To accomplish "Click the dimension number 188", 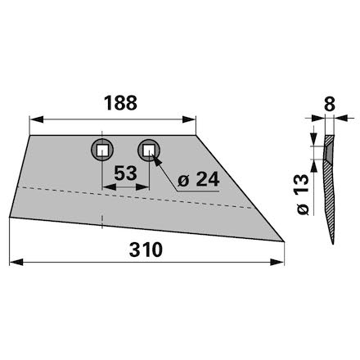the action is (x=120, y=103).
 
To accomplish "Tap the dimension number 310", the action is (x=146, y=250).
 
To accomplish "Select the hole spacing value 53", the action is (x=125, y=173).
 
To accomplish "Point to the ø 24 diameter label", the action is (x=198, y=180).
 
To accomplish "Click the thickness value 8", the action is (x=330, y=104).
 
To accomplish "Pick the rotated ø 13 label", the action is (x=303, y=195).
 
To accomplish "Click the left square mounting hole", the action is (x=102, y=150).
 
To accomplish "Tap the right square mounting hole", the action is (x=149, y=150).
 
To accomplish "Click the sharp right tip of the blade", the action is (x=284, y=241).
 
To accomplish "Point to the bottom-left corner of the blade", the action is (x=10, y=217).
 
